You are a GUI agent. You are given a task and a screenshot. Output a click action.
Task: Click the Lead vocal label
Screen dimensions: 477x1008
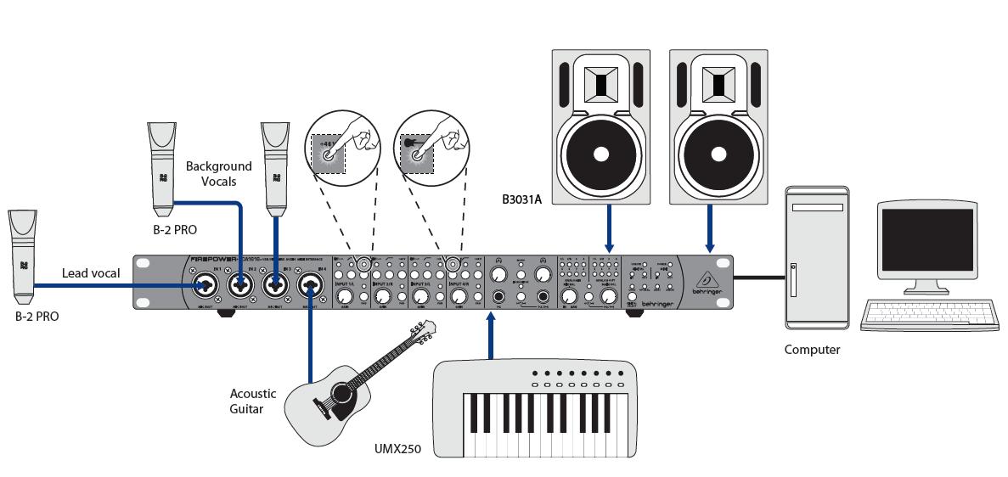pyautogui.click(x=91, y=273)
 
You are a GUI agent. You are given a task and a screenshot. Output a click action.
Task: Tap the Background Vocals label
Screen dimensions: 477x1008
pyautogui.click(x=219, y=174)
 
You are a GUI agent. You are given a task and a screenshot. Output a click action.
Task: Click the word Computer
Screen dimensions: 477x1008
pyautogui.click(x=812, y=350)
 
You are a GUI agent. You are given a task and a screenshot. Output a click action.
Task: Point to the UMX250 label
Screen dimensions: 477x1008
pyautogui.click(x=397, y=447)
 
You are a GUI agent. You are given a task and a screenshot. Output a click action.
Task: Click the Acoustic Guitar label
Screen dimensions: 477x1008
pyautogui.click(x=253, y=401)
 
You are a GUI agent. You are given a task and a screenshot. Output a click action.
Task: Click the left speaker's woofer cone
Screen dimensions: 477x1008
pyautogui.click(x=601, y=154)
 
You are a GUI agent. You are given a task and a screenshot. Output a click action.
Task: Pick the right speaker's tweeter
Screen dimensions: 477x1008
pyautogui.click(x=718, y=85)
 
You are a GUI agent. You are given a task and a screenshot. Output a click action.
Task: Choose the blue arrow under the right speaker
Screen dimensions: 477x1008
pyautogui.click(x=708, y=229)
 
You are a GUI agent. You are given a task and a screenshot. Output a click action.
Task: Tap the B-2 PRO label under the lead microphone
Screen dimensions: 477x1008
pyautogui.click(x=37, y=317)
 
